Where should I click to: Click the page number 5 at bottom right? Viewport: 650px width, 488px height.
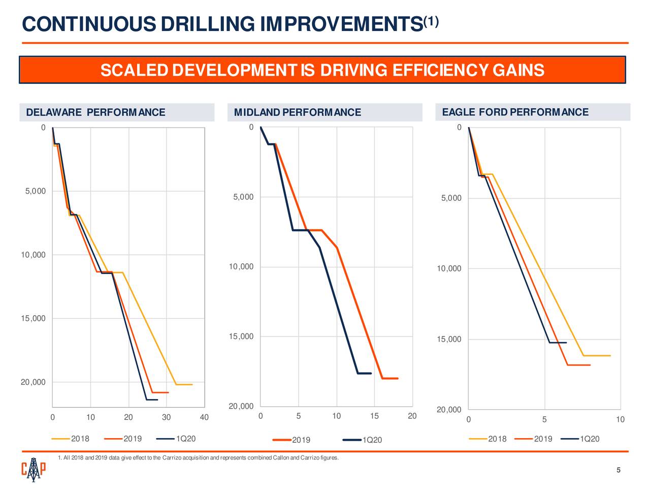point(618,470)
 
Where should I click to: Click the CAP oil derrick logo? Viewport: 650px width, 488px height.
point(34,469)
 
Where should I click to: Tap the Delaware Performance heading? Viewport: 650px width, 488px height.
point(95,112)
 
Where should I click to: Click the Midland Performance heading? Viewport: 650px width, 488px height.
point(297,112)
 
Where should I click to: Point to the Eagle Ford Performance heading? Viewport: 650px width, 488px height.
point(515,112)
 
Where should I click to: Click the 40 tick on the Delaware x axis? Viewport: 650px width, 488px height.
point(204,418)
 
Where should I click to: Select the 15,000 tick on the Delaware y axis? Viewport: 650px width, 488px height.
point(33,319)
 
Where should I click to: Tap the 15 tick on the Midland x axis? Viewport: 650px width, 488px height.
point(374,417)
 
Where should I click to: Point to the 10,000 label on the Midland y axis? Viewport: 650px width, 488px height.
point(241,267)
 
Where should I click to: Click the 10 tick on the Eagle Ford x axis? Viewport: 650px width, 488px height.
point(620,420)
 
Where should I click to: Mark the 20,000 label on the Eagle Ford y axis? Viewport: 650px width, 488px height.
point(449,410)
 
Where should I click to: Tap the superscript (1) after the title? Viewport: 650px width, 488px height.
point(431,21)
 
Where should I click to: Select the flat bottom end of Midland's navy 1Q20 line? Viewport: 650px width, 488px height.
point(365,374)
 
